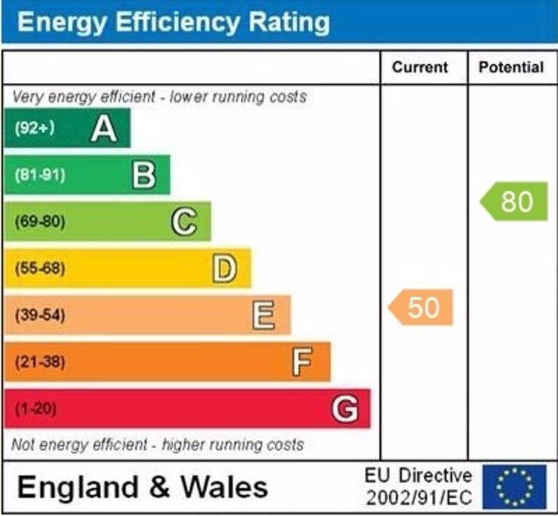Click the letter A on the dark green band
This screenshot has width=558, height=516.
coord(103,128)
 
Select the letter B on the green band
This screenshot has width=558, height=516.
coord(144,175)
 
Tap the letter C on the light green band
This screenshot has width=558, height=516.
coord(184,222)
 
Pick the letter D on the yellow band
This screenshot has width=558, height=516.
coord(224,268)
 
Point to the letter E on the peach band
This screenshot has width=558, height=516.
coord(264,315)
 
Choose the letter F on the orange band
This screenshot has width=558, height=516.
coord(302,362)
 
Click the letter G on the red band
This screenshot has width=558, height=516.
coord(345,409)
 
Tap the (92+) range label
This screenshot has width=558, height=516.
coord(34,128)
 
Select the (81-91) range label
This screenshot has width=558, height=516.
coord(40,175)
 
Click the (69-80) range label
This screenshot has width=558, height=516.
coord(40,222)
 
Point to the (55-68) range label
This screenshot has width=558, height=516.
coord(40,268)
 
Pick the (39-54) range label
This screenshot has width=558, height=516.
coord(40,315)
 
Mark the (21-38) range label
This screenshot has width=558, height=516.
coord(40,362)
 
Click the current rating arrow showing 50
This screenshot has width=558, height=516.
coord(421,308)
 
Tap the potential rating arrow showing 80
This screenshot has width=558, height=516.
coord(515,202)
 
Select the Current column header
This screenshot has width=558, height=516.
coord(420,68)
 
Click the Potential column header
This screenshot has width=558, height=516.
coord(511,68)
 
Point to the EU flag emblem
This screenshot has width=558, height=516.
coord(514,486)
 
